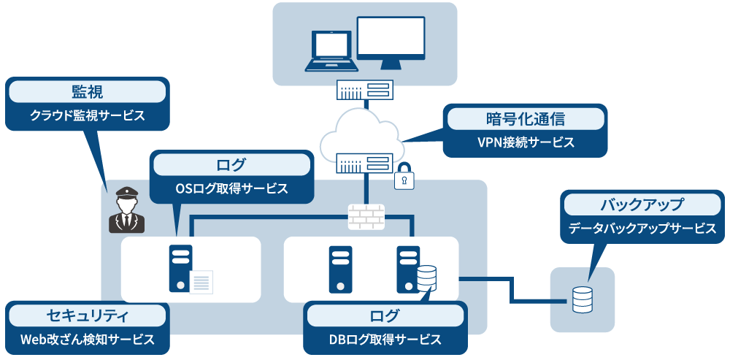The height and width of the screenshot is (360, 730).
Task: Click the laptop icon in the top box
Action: pyautogui.click(x=331, y=50)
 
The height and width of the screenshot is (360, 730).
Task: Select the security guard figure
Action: pyautogui.click(x=127, y=210)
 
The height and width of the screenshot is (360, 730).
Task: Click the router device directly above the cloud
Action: pyautogui.click(x=365, y=91)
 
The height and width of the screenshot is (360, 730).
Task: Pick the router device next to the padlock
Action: pyautogui.click(x=364, y=163)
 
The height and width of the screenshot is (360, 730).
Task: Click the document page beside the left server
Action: pyautogui.click(x=201, y=282)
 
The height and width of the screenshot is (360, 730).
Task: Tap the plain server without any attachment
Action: pyautogui.click(x=340, y=269)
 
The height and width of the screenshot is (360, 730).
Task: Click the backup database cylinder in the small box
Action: pyautogui.click(x=582, y=299)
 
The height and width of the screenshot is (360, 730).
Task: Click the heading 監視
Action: pyautogui.click(x=87, y=91)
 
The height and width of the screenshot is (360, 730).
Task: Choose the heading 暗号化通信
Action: pyautogui.click(x=526, y=118)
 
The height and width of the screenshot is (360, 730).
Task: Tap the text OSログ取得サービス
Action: pyautogui.click(x=231, y=188)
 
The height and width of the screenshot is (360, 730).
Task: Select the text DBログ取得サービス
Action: pyautogui.click(x=385, y=340)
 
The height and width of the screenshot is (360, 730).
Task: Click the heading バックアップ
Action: pyautogui.click(x=642, y=204)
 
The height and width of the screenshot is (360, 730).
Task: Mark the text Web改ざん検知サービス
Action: pyautogui.click(x=87, y=340)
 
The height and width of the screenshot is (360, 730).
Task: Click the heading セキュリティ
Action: pyautogui.click(x=87, y=315)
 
